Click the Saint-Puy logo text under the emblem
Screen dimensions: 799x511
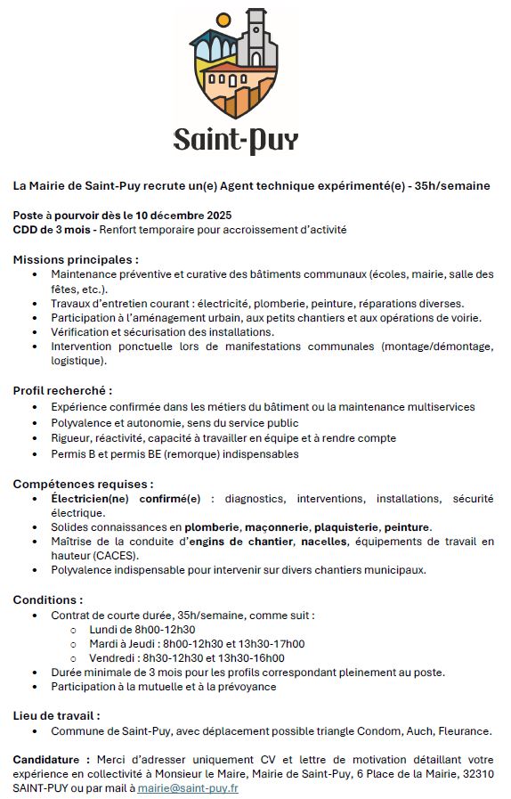point(236,139)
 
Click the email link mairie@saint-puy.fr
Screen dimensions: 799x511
point(188,788)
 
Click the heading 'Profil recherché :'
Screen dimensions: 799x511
point(62,390)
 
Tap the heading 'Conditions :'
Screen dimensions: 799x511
point(48,599)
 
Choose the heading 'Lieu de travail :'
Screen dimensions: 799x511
point(56,715)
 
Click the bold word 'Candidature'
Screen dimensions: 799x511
point(49,759)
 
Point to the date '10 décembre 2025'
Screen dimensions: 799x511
point(182,215)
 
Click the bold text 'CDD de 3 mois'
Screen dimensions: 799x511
point(52,229)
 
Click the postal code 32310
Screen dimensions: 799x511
point(474,774)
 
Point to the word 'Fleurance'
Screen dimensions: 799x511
point(463,730)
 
